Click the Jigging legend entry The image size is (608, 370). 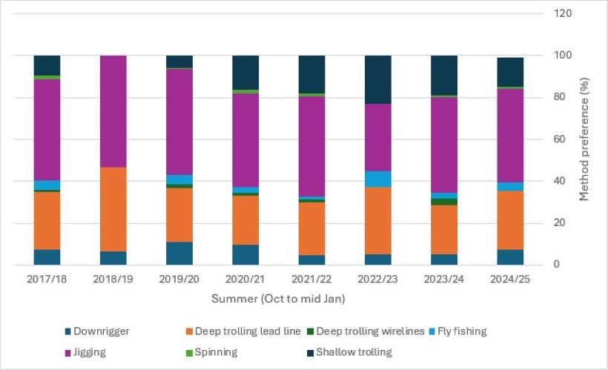click(x=86, y=352)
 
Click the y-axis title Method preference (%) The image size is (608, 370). click(x=586, y=139)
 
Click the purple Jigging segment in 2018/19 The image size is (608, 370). click(x=113, y=111)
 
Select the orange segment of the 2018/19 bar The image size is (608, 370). click(x=113, y=209)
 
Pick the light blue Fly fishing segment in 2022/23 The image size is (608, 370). click(x=378, y=179)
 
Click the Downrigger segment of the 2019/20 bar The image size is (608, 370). click(x=179, y=253)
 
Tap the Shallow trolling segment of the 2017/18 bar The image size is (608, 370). click(x=47, y=65)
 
